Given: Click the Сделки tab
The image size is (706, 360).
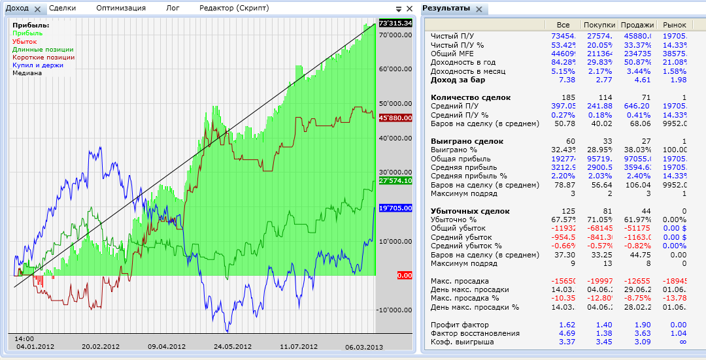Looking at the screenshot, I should click(62, 8).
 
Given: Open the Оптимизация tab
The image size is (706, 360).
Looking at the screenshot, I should click(121, 8).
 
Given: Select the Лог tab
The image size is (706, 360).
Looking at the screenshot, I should click(173, 8).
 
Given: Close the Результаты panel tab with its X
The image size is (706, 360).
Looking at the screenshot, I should click(479, 9).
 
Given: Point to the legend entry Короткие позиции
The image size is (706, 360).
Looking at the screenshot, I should click(43, 57).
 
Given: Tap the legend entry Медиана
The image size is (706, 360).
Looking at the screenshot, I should click(27, 73).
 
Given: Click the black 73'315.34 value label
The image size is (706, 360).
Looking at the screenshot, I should click(395, 24).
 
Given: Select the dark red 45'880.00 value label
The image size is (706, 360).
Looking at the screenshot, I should click(395, 118).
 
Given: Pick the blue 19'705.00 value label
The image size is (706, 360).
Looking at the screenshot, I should click(395, 208).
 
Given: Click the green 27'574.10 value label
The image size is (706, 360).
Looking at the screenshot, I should click(395, 180).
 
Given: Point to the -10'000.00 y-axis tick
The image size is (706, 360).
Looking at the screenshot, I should click(395, 310).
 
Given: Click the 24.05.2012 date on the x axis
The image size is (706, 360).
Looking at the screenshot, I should click(233, 347).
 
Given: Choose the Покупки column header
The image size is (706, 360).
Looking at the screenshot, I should click(598, 25).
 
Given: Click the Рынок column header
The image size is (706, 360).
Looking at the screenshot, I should click(675, 25).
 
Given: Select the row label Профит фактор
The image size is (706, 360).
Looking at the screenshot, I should click(460, 325).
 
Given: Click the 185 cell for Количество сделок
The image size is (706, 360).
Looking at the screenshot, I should click(568, 97).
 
